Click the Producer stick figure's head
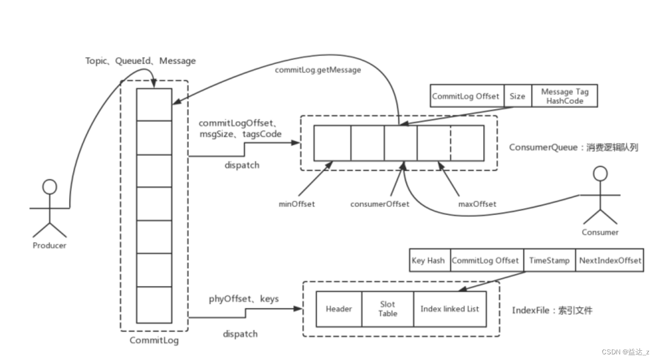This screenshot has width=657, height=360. [49, 187]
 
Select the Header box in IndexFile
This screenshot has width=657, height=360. [339, 309]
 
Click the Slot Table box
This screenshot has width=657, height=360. [387, 309]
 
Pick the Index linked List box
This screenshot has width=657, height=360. [449, 309]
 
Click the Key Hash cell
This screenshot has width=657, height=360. [428, 261]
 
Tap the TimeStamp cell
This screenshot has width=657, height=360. [549, 261]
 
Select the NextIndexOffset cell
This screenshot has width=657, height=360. [610, 261]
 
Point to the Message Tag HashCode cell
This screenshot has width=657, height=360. [564, 96]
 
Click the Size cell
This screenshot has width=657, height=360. [517, 96]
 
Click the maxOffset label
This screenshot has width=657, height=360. [477, 204]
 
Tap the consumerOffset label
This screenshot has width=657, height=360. [380, 204]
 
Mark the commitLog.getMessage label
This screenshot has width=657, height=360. [318, 70]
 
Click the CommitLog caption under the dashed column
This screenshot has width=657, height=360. [153, 340]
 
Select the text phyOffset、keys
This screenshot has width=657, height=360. [243, 299]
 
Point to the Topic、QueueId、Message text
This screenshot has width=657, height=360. [140, 61]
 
